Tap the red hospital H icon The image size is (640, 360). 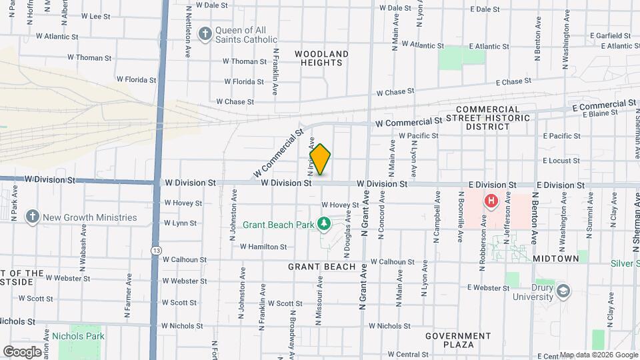click(491, 200)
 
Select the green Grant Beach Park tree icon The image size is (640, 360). click(325, 224)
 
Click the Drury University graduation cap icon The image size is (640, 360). click(563, 291)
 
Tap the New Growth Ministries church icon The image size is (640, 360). click(32, 217)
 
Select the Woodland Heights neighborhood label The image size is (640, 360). click(322, 58)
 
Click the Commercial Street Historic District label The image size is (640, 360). click(493, 118)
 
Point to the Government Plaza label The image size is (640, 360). click(458, 340)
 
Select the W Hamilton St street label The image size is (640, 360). click(263, 247)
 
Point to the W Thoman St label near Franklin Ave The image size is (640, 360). click(245, 61)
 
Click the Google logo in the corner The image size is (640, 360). click(22, 351)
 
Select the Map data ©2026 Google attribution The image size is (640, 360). click(598, 355)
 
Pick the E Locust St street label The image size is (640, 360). click(561, 161)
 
